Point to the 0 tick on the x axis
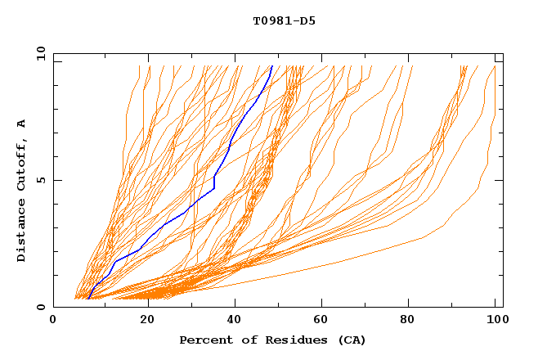click(53, 320)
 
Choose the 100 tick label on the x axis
click(495, 320)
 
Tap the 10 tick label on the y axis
click(40, 53)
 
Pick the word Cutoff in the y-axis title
click(22, 164)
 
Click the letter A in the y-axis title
click(22, 123)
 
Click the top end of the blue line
click(271, 66)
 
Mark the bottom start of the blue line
click(87, 299)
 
